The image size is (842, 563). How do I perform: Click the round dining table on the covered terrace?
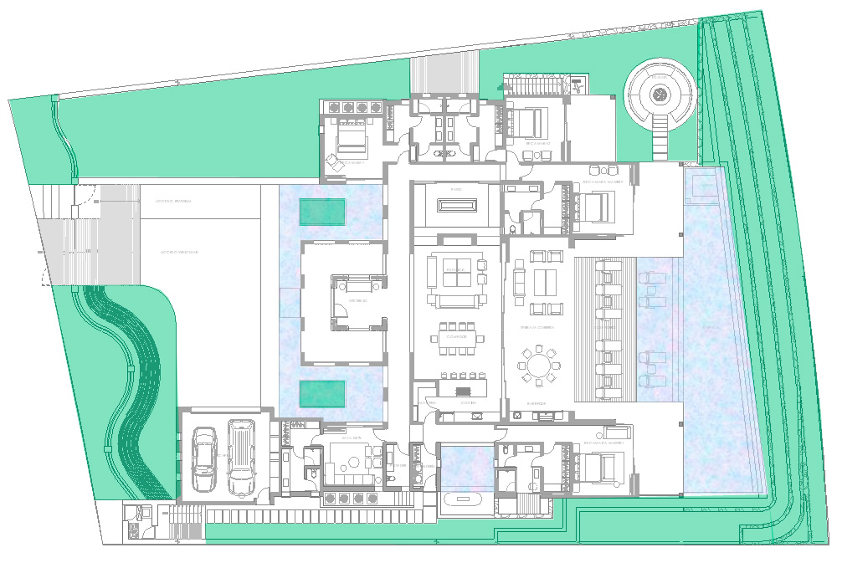point(538,366)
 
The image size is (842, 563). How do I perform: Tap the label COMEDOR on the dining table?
point(456,336)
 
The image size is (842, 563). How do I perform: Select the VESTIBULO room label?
point(358,299)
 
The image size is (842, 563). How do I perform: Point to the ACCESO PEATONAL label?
point(173,202)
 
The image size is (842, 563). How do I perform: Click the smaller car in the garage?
point(204,459)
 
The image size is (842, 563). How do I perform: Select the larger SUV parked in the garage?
point(241,457)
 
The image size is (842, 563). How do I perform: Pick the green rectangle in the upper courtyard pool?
point(323,212)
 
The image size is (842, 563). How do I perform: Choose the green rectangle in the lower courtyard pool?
point(323,394)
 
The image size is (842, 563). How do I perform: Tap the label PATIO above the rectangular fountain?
point(456,190)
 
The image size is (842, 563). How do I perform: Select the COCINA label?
point(469,403)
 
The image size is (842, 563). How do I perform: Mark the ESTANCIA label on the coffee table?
point(456,269)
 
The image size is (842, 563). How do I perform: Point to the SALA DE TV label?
point(352,438)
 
